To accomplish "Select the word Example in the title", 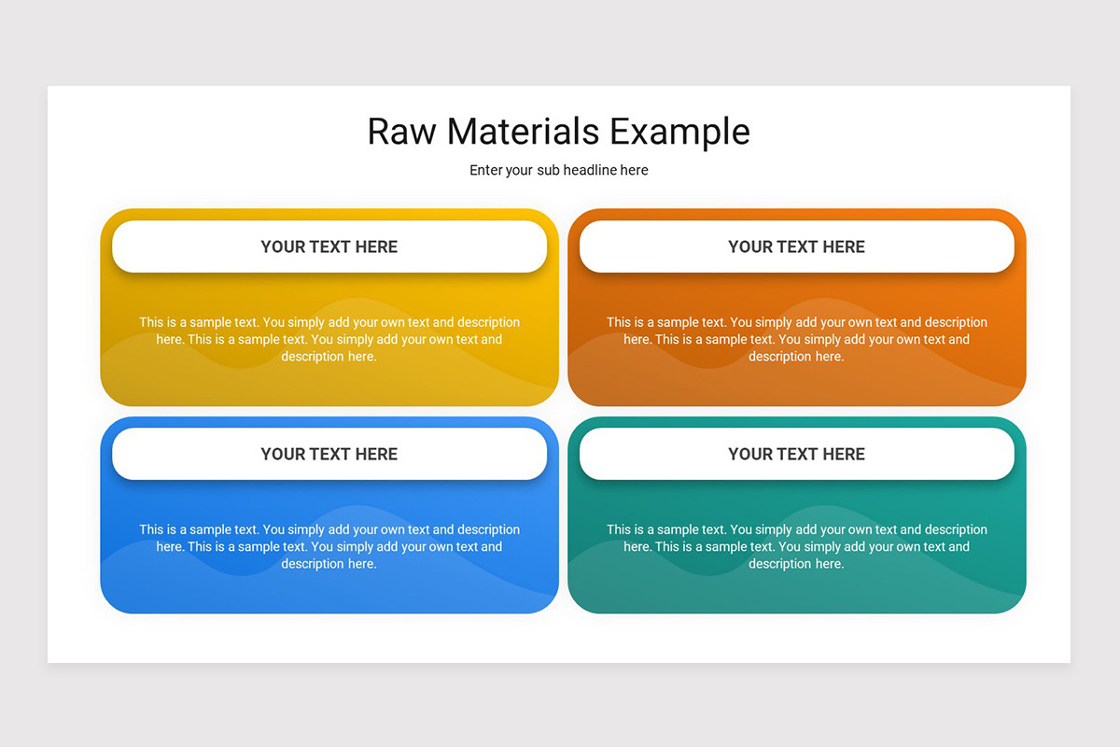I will coord(680,132).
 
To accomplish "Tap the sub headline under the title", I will coord(559,170).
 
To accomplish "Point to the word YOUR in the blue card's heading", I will coord(283,454).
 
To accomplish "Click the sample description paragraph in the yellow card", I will coord(329,339).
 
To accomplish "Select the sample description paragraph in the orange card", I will coord(797,339).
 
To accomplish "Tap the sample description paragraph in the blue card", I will coord(329,546).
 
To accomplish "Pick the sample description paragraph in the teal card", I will coord(797,546).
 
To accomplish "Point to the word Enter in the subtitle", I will coord(486,170).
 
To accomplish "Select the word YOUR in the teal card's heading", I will coord(750,454).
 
